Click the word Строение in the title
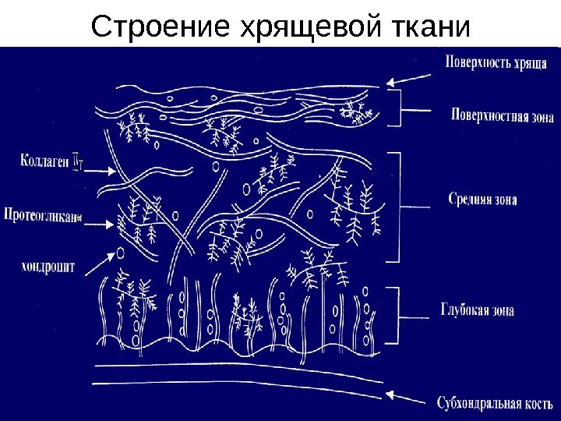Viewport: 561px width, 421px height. coord(157,28)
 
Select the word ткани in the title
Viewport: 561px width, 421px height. coord(429,28)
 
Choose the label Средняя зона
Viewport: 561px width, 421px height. coord(483,199)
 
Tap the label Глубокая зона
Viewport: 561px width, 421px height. coord(482,310)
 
